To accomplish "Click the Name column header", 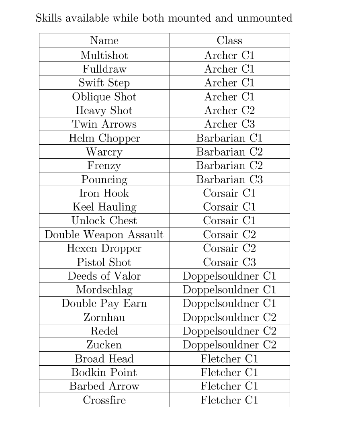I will [x=104, y=41].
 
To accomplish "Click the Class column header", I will [x=229, y=41].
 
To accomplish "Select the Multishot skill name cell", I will [x=104, y=55].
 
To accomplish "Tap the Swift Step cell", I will [x=104, y=83].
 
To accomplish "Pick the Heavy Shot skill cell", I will [x=104, y=111].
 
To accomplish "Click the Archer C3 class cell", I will [x=229, y=124].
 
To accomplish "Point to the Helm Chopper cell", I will [x=104, y=138].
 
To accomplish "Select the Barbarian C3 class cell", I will [x=229, y=180].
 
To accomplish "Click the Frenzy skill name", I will [x=104, y=166].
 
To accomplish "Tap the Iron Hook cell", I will [x=104, y=193].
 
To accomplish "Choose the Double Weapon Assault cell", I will [x=104, y=235].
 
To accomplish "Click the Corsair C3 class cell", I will [x=229, y=262].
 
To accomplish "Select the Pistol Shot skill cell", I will [x=104, y=262].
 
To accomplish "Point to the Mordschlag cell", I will [x=104, y=290].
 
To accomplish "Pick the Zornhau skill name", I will [x=104, y=317].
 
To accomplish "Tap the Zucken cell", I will [x=104, y=345].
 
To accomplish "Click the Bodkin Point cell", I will [x=104, y=373].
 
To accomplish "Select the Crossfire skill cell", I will [x=104, y=400].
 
